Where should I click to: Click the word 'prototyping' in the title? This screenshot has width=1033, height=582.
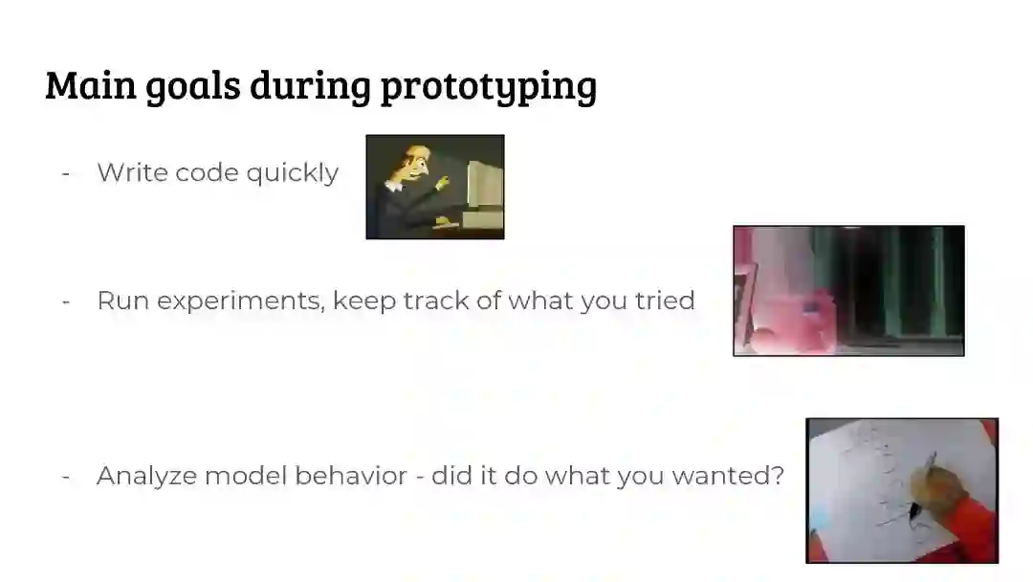click(x=489, y=86)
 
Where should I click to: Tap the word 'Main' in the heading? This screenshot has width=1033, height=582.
click(x=91, y=84)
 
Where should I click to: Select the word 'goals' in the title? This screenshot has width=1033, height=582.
click(x=193, y=86)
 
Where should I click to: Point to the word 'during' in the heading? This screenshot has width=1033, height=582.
click(x=310, y=86)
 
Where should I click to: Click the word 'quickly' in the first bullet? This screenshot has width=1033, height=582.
click(x=293, y=173)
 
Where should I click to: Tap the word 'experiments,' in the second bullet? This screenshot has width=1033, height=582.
click(x=241, y=302)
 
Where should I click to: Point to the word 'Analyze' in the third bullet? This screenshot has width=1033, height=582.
click(x=146, y=477)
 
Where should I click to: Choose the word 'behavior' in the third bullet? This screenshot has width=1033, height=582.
click(x=350, y=475)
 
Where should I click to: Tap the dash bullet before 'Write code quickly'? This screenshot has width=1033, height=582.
click(x=66, y=174)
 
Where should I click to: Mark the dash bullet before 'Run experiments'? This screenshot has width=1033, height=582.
click(x=66, y=302)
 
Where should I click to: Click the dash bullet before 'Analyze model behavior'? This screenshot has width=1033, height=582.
click(x=66, y=477)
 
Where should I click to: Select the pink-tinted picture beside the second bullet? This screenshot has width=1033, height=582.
click(x=848, y=291)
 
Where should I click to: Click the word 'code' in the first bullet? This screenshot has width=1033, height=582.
click(x=207, y=172)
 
